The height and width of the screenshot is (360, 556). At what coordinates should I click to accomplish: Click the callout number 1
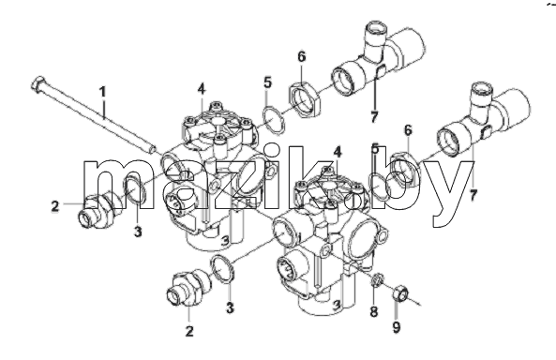coord(102,92)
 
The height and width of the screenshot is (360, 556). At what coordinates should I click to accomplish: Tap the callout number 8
coord(374,312)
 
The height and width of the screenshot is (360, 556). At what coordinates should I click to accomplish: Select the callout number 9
coord(397,327)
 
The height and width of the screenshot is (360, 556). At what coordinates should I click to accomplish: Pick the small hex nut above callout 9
coord(400,292)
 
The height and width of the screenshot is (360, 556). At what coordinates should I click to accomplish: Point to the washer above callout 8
coord(377,280)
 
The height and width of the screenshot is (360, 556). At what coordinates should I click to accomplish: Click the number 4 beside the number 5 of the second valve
coord(338,152)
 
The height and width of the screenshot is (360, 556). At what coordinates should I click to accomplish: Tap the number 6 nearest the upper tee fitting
coord(301,56)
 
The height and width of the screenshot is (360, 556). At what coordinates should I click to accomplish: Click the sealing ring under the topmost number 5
coord(274,120)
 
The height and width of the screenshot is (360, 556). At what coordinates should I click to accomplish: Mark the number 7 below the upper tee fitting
coord(374,116)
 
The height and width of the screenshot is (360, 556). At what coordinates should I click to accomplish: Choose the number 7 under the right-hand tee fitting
coord(473,195)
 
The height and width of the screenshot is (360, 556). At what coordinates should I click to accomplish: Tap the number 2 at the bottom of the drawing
coord(189,331)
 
